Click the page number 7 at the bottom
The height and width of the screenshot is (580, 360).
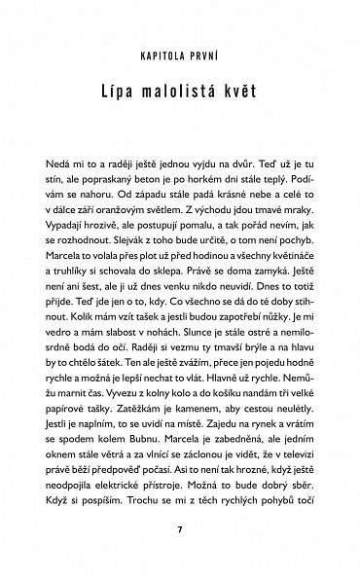tap(180, 530)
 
